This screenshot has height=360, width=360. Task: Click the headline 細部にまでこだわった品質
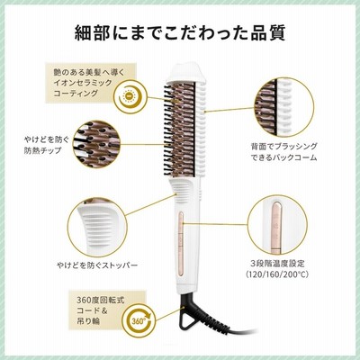180,33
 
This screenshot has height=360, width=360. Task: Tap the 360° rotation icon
139,319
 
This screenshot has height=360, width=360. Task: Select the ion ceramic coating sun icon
130,97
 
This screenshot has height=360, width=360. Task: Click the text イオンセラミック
83,83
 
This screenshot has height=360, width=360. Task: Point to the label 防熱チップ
42,150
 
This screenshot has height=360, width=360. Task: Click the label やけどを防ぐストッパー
97,265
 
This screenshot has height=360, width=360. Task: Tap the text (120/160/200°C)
277,274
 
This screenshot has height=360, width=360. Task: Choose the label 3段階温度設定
277,264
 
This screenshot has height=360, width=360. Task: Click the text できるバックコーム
283,157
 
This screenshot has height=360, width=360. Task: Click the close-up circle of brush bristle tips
97,144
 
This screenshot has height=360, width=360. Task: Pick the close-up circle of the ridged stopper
97,227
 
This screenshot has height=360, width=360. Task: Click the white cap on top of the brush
186,74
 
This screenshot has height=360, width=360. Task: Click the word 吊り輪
88,321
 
